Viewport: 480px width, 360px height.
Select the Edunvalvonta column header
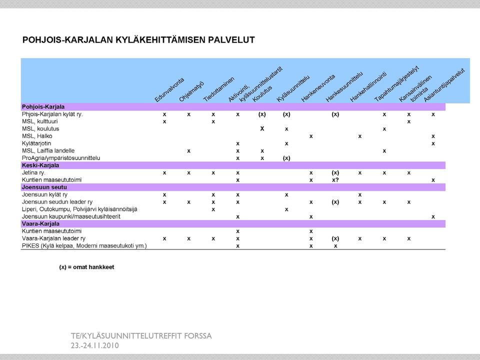169,89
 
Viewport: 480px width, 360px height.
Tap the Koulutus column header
262,94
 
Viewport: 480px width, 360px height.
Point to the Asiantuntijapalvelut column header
444,85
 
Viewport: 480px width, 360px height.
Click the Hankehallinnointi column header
368,86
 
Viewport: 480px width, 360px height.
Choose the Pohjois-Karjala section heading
43,107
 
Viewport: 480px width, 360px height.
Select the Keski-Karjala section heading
40,165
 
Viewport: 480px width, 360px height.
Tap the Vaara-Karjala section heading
40,224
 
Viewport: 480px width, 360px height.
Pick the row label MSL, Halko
37,136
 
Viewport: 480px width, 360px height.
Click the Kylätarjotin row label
36,143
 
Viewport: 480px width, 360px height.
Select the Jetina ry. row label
33,172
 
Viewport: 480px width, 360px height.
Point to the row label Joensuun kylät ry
44,194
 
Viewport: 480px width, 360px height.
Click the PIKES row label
84,246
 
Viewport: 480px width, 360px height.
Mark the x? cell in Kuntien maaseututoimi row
335,180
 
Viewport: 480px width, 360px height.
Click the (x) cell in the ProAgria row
286,158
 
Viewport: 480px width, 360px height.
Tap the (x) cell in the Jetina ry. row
335,172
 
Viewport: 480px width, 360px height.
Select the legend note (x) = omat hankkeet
86,267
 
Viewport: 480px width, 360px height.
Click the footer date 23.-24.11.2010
95,345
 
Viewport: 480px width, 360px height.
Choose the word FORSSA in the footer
198,336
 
